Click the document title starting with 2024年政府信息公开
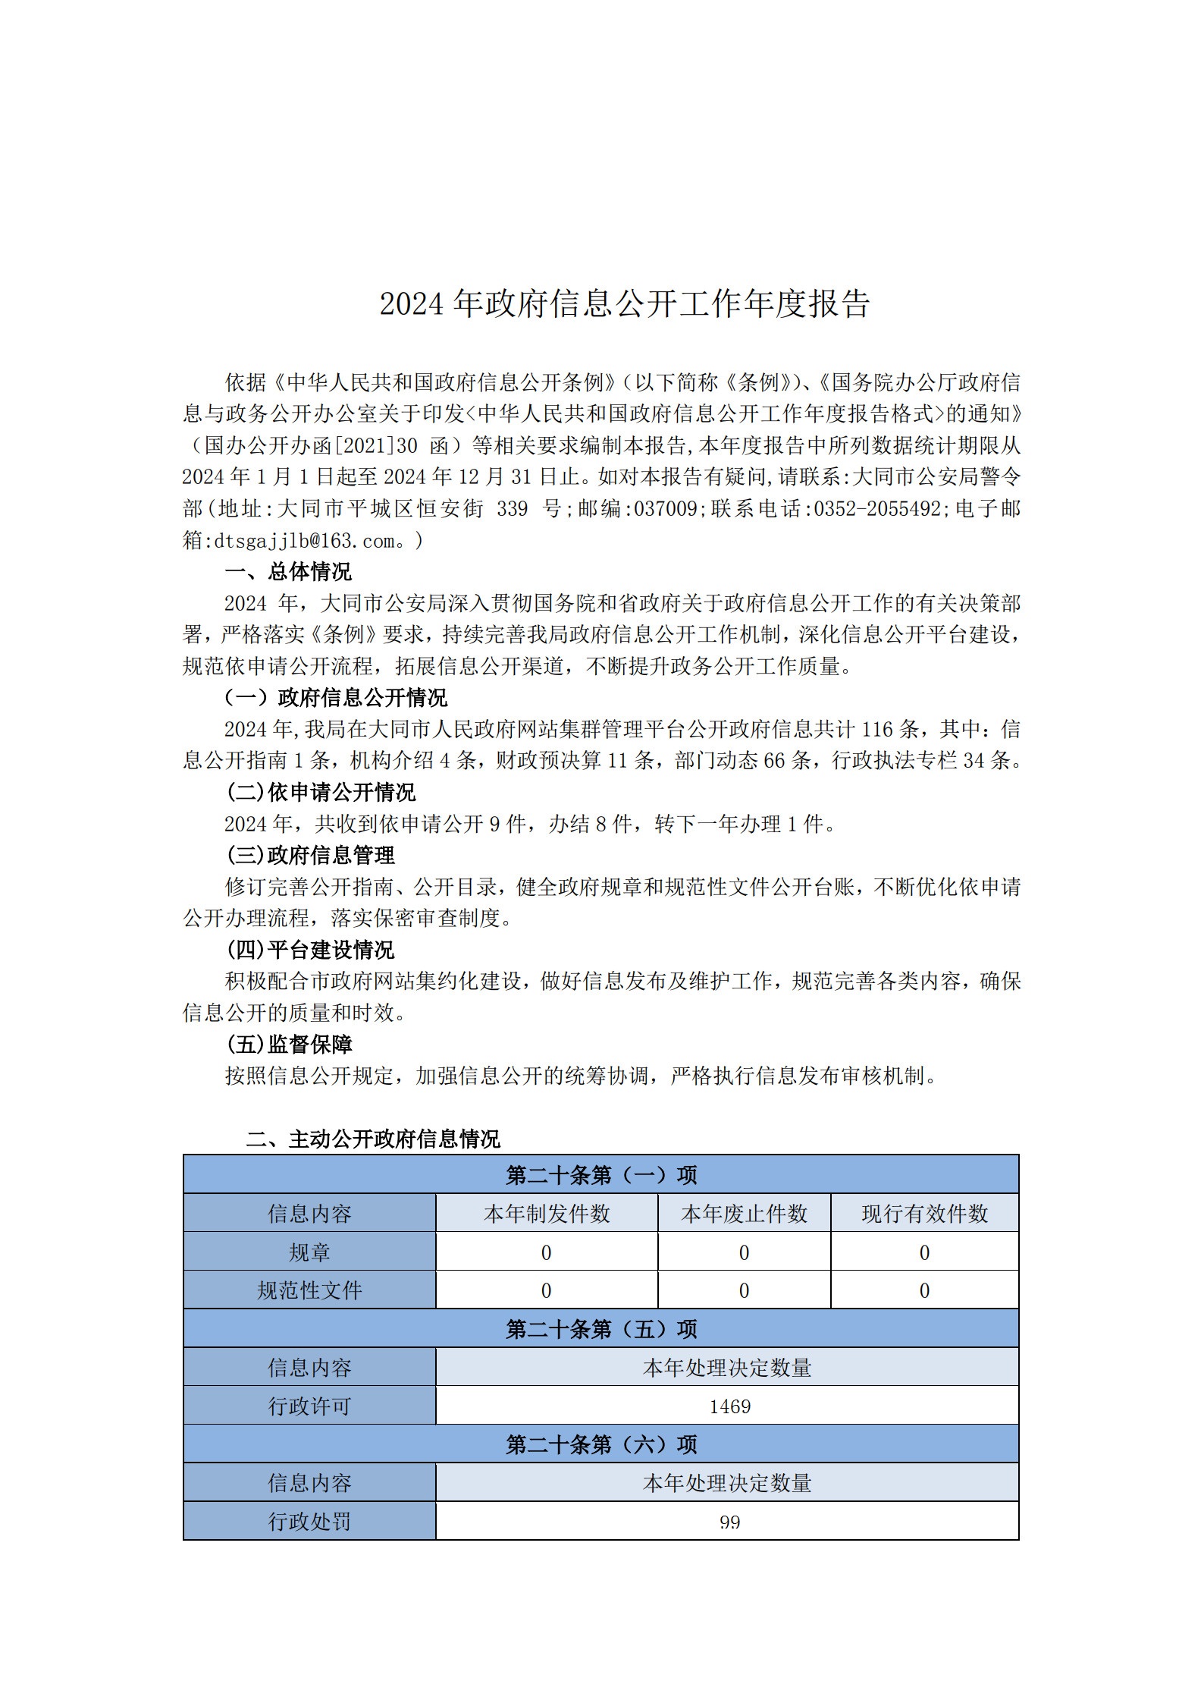click(x=624, y=303)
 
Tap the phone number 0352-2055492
click(x=877, y=509)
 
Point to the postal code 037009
click(x=665, y=509)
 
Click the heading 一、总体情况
click(x=288, y=571)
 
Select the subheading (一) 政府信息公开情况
click(x=336, y=697)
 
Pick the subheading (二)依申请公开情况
click(x=321, y=792)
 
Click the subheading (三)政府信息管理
click(x=310, y=855)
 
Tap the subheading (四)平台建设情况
click(x=310, y=950)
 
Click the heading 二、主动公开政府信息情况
click(x=372, y=1139)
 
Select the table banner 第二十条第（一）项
click(x=600, y=1175)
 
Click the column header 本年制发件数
click(x=546, y=1214)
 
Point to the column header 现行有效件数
click(x=924, y=1214)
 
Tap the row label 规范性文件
click(x=309, y=1290)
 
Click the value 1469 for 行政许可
click(x=729, y=1406)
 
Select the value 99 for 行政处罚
click(x=729, y=1522)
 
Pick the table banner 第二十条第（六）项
click(x=600, y=1444)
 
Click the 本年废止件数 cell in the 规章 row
click(x=744, y=1252)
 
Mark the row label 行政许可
click(x=309, y=1406)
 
